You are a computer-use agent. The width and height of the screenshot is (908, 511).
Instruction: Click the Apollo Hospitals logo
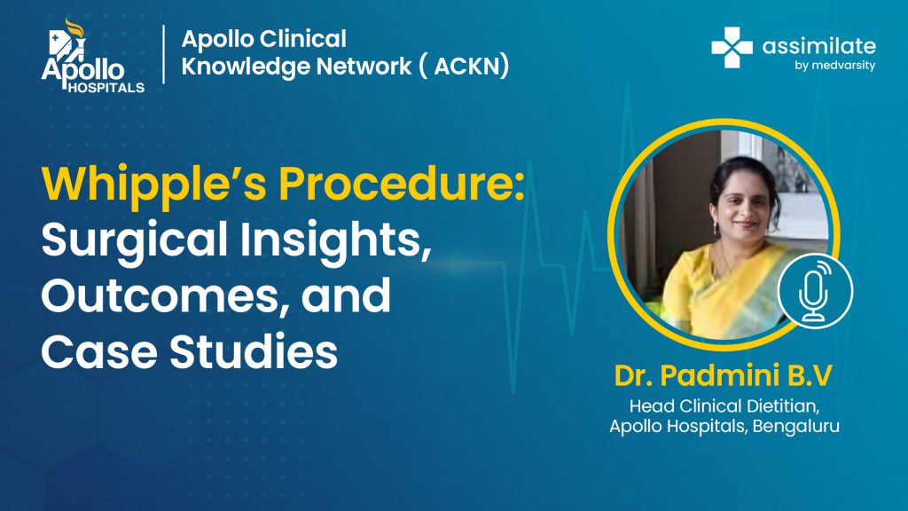pyautogui.click(x=92, y=56)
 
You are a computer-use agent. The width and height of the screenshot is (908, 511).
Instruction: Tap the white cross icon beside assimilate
pyautogui.click(x=732, y=48)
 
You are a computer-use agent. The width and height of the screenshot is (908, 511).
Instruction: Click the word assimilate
pyautogui.click(x=818, y=46)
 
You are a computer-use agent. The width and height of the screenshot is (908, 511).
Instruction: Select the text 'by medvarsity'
pyautogui.click(x=834, y=66)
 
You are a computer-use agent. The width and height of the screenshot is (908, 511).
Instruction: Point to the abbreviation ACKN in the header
pyautogui.click(x=470, y=66)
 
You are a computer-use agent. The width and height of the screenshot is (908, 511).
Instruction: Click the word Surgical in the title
pyautogui.click(x=135, y=240)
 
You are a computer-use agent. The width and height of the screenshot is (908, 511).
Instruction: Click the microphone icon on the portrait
pyautogui.click(x=815, y=291)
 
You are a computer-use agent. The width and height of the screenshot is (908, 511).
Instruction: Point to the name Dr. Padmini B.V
pyautogui.click(x=724, y=375)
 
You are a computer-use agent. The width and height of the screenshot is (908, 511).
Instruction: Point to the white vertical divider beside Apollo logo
pyautogui.click(x=164, y=54)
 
